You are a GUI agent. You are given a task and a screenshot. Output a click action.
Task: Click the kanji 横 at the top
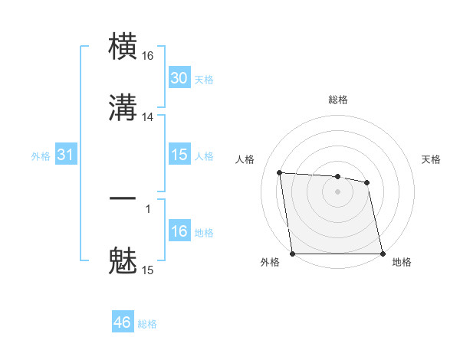pyautogui.click(x=123, y=47)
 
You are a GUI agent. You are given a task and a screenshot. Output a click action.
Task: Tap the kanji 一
pyautogui.click(x=123, y=199)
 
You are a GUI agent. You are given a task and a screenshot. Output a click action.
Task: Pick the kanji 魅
pyautogui.click(x=123, y=260)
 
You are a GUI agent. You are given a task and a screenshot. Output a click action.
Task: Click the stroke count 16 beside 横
pyautogui.click(x=148, y=55)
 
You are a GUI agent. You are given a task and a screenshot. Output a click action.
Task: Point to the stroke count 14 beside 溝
pyautogui.click(x=148, y=116)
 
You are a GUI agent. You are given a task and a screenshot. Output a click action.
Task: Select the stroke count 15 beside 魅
pyautogui.click(x=148, y=270)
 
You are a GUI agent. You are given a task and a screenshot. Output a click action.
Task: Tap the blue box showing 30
pyautogui.click(x=179, y=78)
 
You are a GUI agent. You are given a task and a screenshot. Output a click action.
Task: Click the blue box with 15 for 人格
pyautogui.click(x=179, y=155)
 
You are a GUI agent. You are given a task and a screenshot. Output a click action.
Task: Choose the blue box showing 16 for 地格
pyautogui.click(x=179, y=231)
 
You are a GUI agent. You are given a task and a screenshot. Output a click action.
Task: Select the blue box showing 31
pyautogui.click(x=66, y=155)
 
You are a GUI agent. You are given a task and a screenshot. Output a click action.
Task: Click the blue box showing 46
pyautogui.click(x=123, y=322)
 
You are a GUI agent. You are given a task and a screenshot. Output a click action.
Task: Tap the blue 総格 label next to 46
pyautogui.click(x=147, y=324)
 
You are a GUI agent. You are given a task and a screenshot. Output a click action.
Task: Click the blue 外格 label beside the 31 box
pyautogui.click(x=41, y=156)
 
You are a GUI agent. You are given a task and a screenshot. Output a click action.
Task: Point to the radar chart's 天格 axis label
pyautogui.click(x=431, y=159)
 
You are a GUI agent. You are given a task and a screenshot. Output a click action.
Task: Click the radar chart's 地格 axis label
pyautogui.click(x=402, y=262)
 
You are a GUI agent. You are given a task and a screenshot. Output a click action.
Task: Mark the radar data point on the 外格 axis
pyautogui.click(x=293, y=254)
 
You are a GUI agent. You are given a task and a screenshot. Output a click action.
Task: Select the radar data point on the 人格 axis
pyautogui.click(x=280, y=172)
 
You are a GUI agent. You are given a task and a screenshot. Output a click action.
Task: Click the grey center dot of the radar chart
pyautogui.click(x=337, y=191)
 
